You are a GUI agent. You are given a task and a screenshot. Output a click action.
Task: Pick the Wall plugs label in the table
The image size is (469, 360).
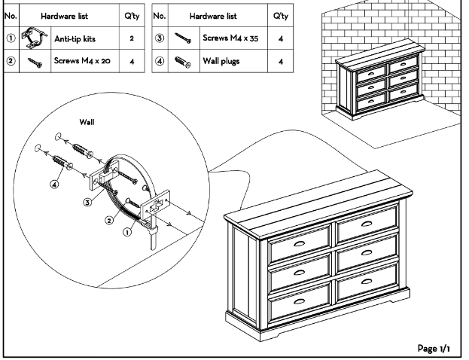pyautogui.click(x=218, y=61)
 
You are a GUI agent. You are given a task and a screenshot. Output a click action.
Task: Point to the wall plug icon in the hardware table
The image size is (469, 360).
pyautogui.click(x=184, y=62)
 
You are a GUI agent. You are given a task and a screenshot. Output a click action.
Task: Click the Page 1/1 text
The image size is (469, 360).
pyautogui.click(x=435, y=348)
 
